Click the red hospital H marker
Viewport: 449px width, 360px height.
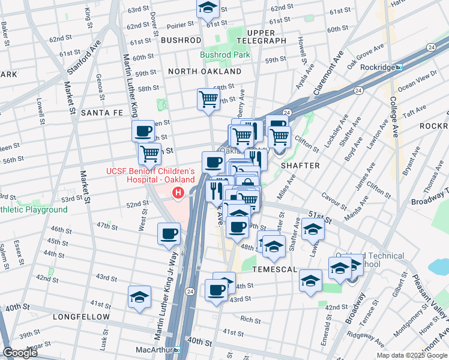(178, 193)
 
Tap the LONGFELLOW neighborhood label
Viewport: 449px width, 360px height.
(82, 316)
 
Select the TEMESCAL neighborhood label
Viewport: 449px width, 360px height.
(275, 269)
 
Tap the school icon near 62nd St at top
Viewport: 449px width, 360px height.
(208, 8)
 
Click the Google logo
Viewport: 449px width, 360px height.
(20, 353)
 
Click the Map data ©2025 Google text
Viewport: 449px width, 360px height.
(411, 355)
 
